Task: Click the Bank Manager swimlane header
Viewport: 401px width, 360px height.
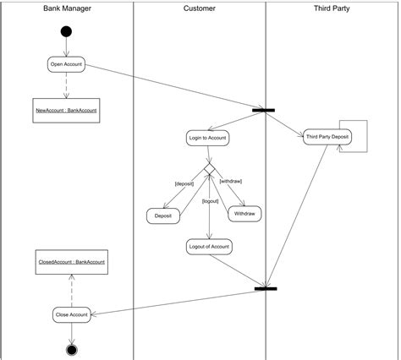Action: click(68, 8)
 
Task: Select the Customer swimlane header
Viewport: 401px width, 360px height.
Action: click(200, 8)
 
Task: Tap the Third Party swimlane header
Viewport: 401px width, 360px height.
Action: click(332, 8)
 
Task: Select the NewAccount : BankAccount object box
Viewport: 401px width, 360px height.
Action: click(67, 111)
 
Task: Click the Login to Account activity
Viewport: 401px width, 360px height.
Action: click(207, 137)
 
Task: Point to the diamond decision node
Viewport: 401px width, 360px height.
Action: click(208, 170)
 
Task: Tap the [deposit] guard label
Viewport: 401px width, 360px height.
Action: click(184, 183)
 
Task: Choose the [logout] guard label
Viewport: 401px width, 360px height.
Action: click(211, 201)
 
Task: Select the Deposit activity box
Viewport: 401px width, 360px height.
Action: click(163, 216)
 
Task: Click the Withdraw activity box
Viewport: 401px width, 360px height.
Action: click(244, 215)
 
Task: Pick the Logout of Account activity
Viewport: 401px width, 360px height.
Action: click(208, 246)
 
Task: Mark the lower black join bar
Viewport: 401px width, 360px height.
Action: click(266, 289)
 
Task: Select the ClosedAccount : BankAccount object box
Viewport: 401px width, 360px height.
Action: click(72, 262)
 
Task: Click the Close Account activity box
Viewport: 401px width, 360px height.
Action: click(71, 314)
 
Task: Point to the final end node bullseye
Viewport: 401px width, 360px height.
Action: click(71, 349)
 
